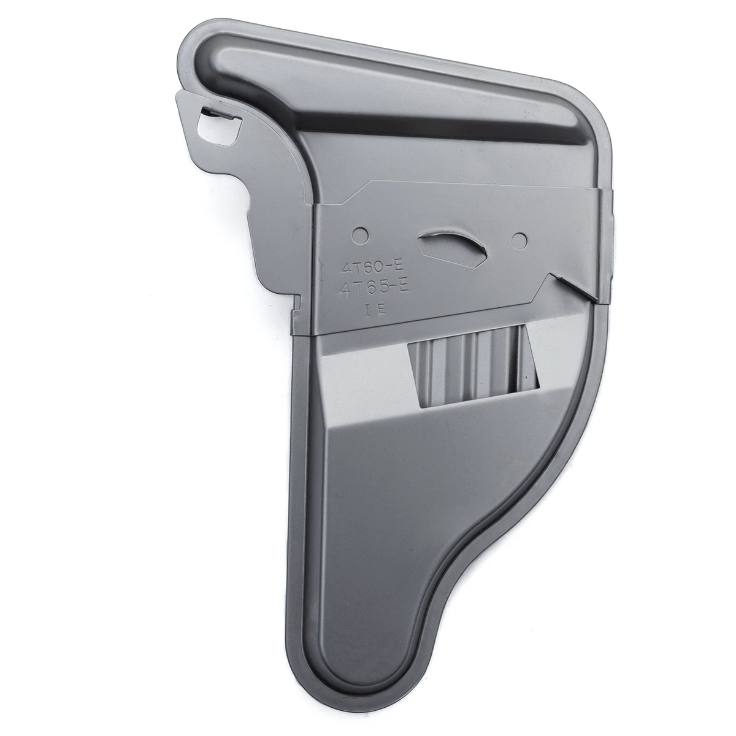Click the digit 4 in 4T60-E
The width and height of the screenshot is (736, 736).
(x=346, y=267)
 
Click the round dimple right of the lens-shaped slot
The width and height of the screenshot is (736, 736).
(x=519, y=240)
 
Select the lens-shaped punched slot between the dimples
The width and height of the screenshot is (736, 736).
(x=453, y=247)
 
